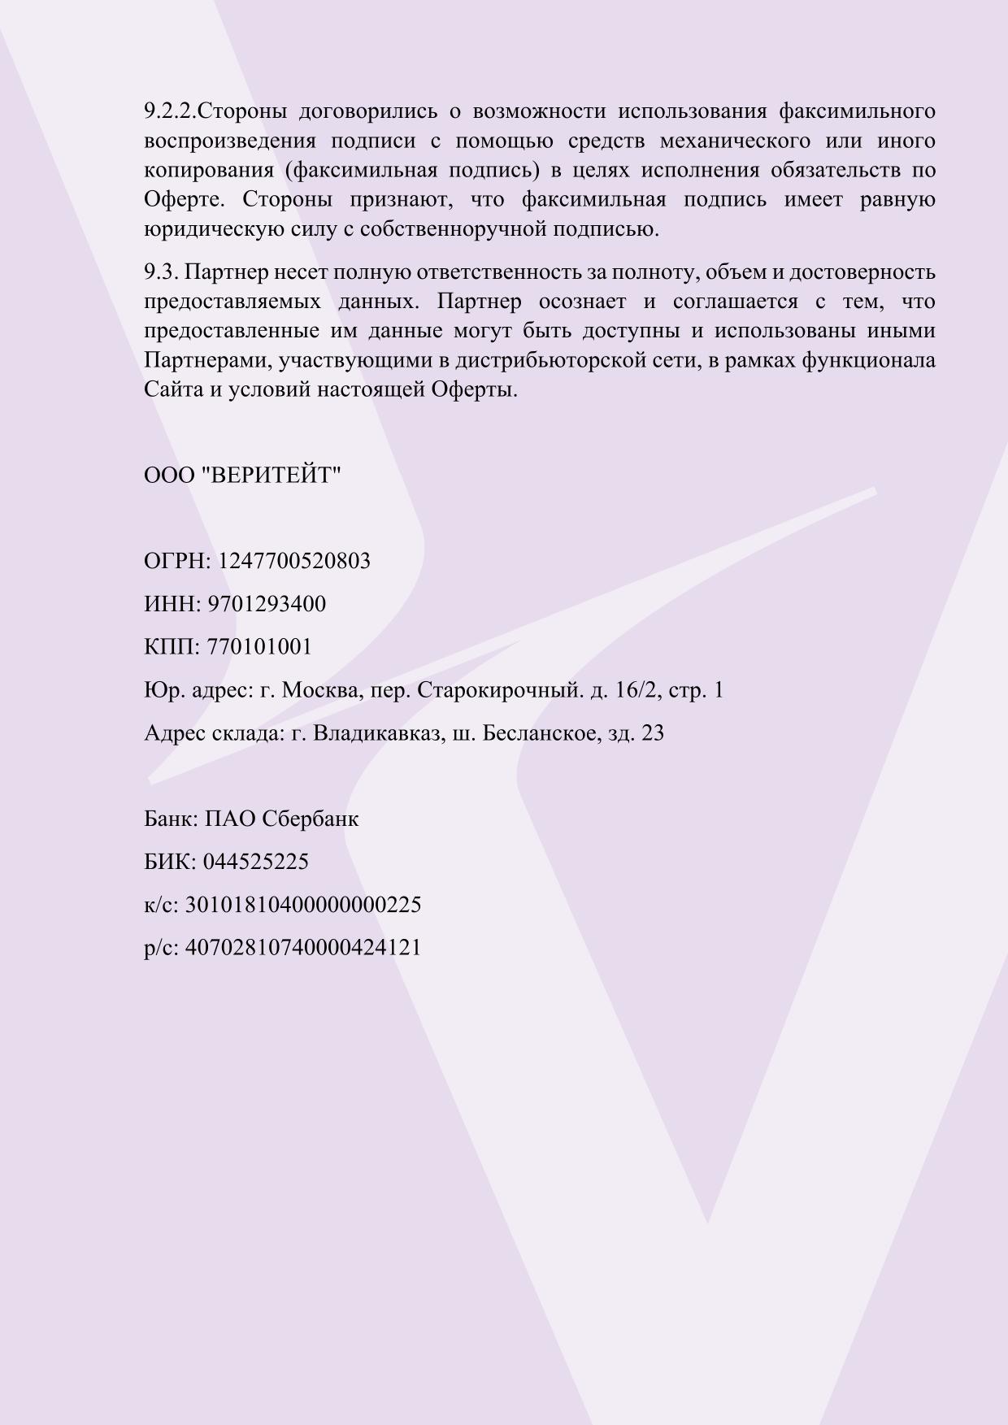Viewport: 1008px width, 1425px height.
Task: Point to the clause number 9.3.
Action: coord(161,272)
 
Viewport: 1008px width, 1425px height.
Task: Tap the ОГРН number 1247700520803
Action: coord(294,562)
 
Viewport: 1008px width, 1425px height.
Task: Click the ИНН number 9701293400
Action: coord(267,605)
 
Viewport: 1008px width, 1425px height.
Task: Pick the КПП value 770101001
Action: coord(259,648)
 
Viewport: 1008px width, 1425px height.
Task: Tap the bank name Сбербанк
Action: coord(310,819)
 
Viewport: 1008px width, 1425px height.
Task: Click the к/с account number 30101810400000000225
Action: coord(303,906)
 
